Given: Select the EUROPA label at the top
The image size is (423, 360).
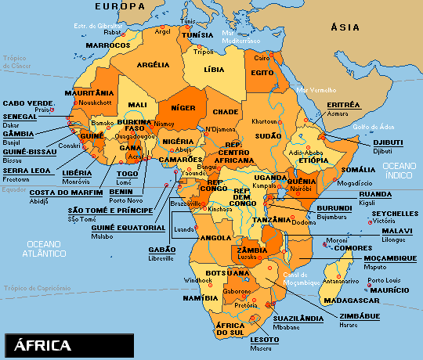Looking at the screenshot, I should click(x=121, y=6).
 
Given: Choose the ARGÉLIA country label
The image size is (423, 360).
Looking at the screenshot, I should click(x=154, y=65).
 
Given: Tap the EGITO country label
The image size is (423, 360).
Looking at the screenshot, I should click(x=262, y=72).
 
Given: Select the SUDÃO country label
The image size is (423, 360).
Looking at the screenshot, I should click(x=269, y=135).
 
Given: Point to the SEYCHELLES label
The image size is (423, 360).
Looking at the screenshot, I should click(x=396, y=213).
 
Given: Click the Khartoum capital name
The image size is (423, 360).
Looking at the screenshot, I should click(x=264, y=122).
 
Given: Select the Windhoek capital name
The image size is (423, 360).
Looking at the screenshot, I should click(x=198, y=279).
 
